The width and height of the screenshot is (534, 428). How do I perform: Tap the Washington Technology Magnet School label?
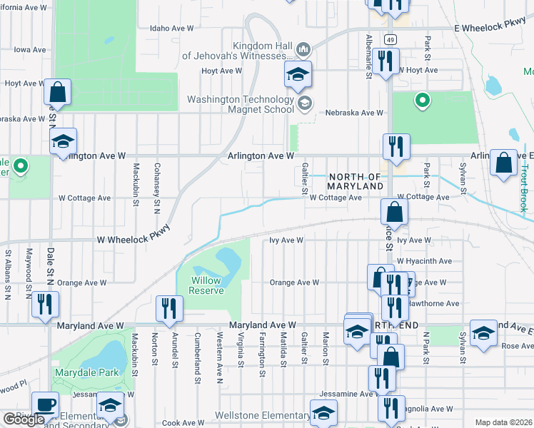[x=240, y=105]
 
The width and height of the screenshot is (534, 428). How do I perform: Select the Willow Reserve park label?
[x=207, y=285]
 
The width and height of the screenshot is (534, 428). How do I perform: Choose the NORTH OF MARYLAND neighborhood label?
[x=356, y=181]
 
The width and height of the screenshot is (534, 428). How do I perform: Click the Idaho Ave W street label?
[x=172, y=29]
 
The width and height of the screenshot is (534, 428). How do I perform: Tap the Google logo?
[x=24, y=420]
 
